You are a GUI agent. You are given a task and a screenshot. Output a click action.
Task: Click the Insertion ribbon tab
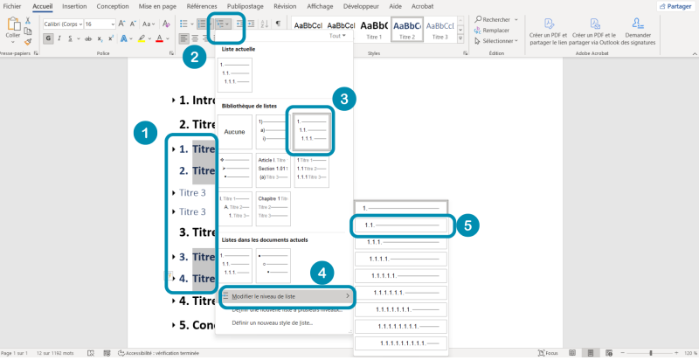point(74,5)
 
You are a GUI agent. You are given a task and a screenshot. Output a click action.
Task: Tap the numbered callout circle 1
point(144,135)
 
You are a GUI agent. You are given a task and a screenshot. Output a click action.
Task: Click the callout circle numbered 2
point(194,59)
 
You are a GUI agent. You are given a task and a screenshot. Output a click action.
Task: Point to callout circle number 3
point(346,100)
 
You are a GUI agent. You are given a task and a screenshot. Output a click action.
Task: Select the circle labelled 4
point(322,273)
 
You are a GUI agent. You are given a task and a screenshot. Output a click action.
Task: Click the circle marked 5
point(468,225)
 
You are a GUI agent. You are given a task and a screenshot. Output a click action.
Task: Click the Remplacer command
point(495,30)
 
